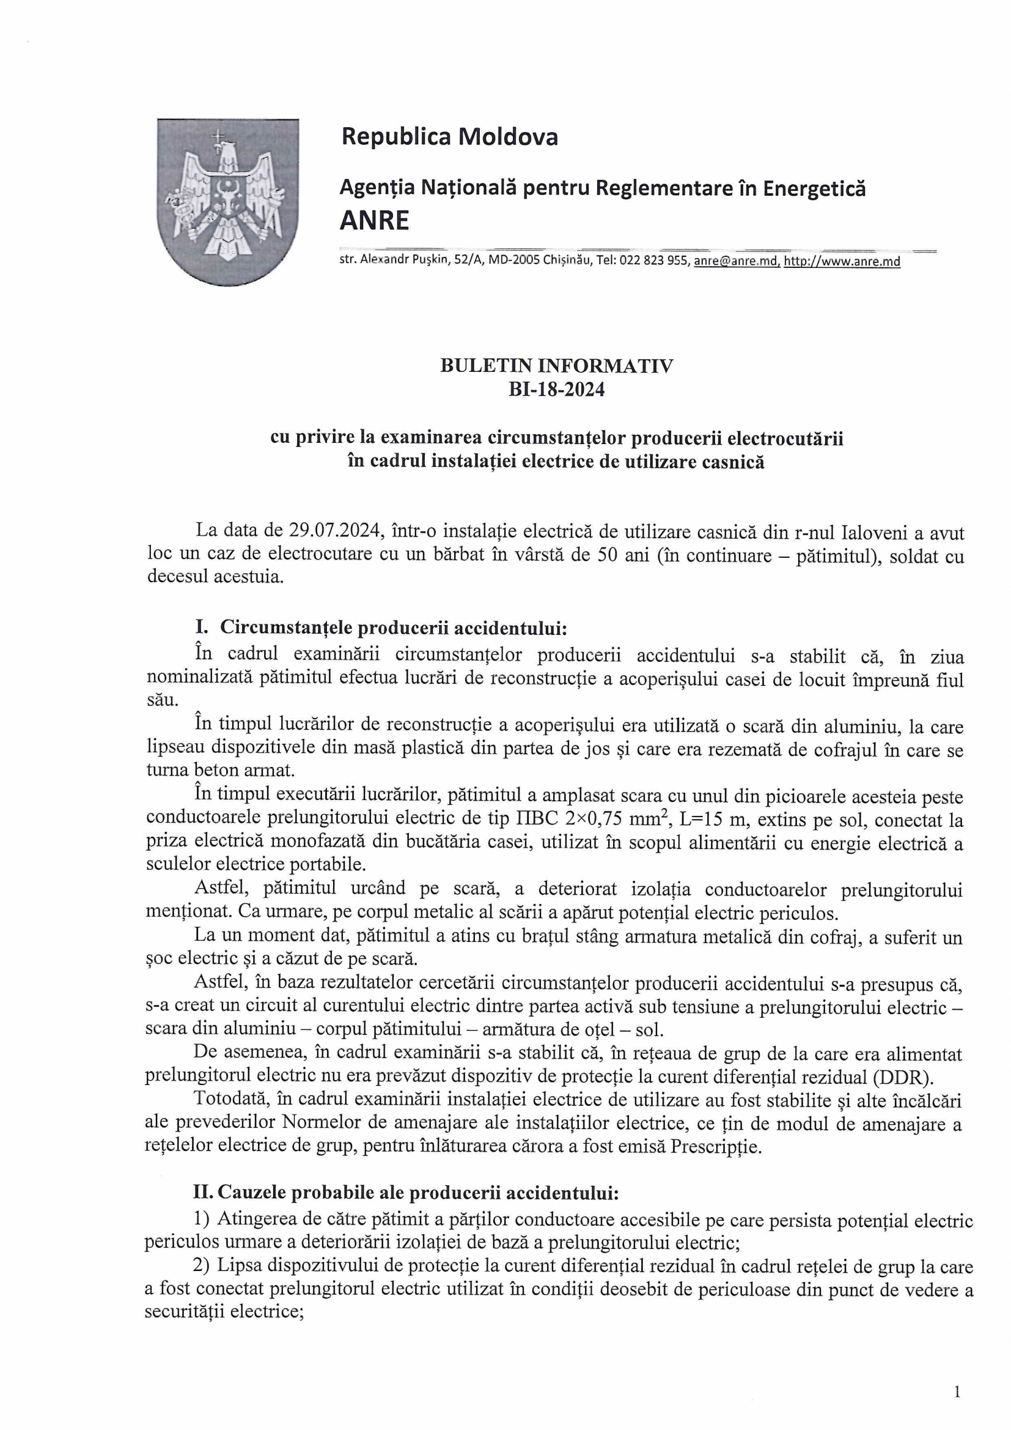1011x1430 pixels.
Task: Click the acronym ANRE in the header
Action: click(x=374, y=220)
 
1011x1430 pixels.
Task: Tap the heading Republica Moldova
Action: click(x=449, y=136)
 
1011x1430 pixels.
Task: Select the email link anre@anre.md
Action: click(x=736, y=262)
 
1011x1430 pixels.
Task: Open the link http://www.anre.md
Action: click(x=842, y=262)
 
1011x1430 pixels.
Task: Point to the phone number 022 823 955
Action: click(x=653, y=262)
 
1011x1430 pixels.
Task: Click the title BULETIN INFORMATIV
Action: click(x=557, y=366)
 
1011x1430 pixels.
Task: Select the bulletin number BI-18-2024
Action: click(x=557, y=389)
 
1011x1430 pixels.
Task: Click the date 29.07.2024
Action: click(x=335, y=532)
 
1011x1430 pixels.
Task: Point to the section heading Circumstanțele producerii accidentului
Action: click(x=394, y=627)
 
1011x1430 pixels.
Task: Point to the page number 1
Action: click(x=957, y=1391)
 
